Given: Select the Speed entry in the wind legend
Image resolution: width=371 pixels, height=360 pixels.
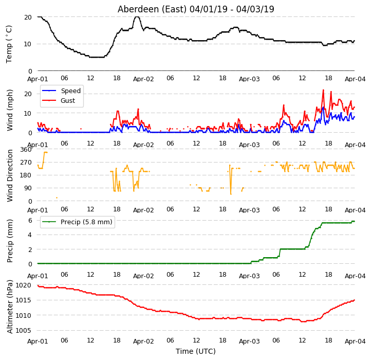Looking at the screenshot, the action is coord(71,91).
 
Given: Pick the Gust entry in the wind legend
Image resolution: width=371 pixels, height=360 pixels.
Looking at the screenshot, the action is coord(68,101).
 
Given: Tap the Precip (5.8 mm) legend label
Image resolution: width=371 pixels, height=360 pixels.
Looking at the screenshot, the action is coord(86,222).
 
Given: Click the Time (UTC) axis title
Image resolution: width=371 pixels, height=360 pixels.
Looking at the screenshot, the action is coord(196,351).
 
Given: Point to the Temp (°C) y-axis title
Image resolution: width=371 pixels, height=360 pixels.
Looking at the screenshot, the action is coord(9,44).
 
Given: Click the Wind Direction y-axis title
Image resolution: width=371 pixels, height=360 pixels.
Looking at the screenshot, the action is coord(10,175).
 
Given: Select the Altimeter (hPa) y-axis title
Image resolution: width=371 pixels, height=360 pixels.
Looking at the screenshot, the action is coord(10,307).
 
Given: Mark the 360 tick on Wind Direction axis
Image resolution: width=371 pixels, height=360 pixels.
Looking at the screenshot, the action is coord(26,150).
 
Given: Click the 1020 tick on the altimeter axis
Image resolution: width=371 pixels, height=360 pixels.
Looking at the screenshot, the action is coord(23,285).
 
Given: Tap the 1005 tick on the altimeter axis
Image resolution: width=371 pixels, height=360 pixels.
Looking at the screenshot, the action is coord(23,330).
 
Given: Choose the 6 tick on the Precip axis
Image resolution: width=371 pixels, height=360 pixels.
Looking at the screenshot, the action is coord(30,221).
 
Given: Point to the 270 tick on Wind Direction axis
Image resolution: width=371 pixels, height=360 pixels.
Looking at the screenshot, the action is coord(26,163).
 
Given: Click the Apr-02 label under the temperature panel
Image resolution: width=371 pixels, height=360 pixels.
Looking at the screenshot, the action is coord(143,79).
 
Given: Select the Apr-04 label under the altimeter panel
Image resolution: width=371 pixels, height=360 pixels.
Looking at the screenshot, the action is coord(355,341).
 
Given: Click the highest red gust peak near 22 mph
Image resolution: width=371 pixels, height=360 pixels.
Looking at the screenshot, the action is coord(323,90).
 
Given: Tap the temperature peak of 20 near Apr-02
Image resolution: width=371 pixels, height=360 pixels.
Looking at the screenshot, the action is coord(137,17).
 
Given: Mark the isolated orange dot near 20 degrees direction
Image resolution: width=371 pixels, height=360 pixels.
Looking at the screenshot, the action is coord(57,198).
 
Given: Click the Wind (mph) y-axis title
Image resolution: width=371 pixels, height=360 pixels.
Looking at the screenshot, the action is coord(10,110).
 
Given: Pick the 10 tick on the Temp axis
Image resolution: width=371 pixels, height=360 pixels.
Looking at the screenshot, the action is coord(27,44).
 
